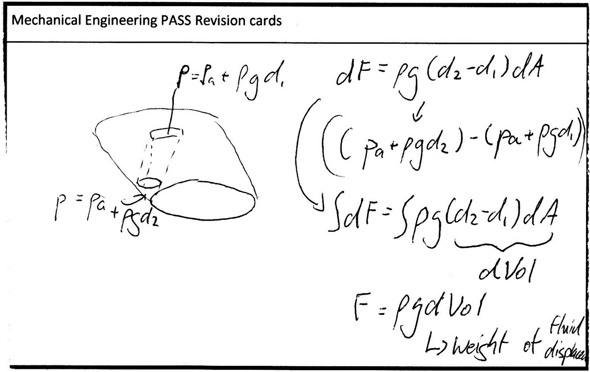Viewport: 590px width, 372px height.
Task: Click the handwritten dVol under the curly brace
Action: [x=505, y=270]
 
